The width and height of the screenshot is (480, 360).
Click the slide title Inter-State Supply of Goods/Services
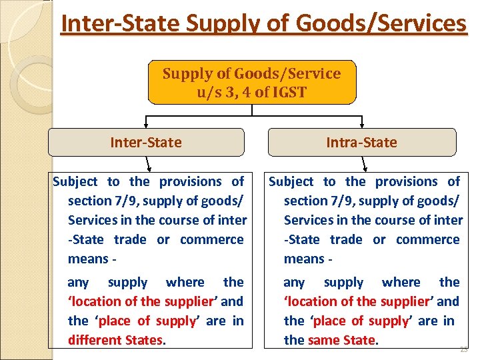pyautogui.click(x=263, y=23)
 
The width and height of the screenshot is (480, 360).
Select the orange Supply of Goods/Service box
pyautogui.click(x=251, y=82)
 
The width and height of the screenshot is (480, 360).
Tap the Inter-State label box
pyautogui.click(x=145, y=142)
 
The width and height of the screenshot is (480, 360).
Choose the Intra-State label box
pyautogui.click(x=361, y=142)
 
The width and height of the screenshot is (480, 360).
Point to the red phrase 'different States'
pyautogui.click(x=115, y=340)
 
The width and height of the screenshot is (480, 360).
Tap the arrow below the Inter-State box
pyautogui.click(x=149, y=164)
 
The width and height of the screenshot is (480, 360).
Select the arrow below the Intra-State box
pyautogui.click(x=365, y=164)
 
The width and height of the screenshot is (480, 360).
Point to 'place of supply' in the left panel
pyautogui.click(x=147, y=321)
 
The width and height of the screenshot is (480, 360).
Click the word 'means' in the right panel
pyautogui.click(x=302, y=259)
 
